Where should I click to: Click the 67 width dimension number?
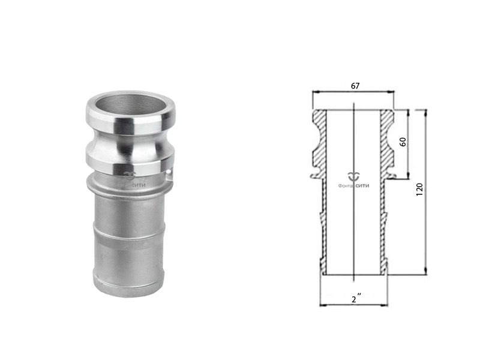[355, 86]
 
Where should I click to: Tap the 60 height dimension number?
[403, 142]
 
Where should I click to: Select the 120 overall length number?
[419, 190]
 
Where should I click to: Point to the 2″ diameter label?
[356, 299]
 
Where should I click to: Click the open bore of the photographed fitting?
[130, 106]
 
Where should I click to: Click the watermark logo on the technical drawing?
[353, 176]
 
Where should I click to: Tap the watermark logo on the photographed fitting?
[130, 175]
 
